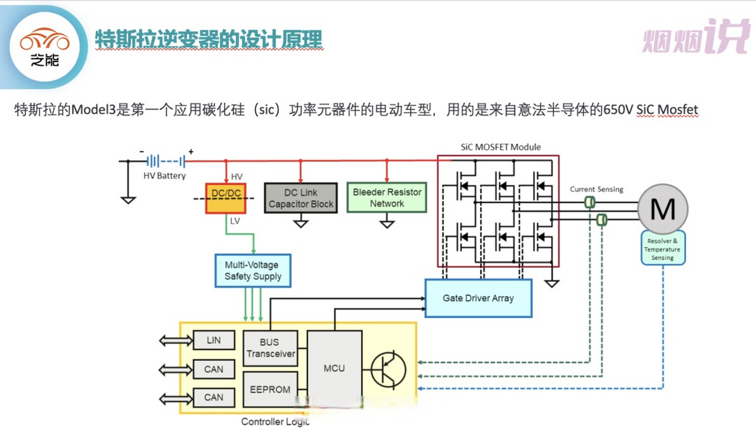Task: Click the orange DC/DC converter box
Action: click(226, 198)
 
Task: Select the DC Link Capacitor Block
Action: click(301, 198)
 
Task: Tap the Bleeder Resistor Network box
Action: click(387, 198)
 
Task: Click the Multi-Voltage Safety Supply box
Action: click(253, 271)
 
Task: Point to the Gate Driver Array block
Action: click(478, 298)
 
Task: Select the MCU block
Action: click(334, 368)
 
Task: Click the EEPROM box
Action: click(270, 389)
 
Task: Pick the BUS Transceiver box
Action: click(270, 348)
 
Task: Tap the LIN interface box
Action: click(214, 340)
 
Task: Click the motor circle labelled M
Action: click(663, 209)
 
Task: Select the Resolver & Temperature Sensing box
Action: click(663, 248)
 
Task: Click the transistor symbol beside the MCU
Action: click(388, 370)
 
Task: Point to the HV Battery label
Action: click(164, 176)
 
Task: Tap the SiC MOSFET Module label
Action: click(500, 147)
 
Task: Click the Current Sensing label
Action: click(596, 189)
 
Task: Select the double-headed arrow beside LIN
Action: click(176, 341)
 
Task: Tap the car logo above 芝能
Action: click(44, 39)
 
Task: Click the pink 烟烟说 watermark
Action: click(696, 37)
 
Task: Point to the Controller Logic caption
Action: click(275, 422)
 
